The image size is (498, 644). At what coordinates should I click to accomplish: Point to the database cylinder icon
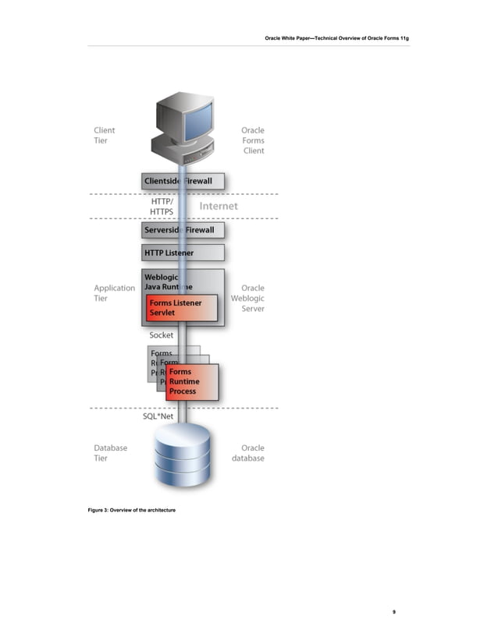pyautogui.click(x=183, y=457)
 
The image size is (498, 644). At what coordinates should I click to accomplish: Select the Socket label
pyautogui.click(x=162, y=335)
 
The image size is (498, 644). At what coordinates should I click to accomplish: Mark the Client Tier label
pyautogui.click(x=104, y=136)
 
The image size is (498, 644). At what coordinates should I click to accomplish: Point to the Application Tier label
pyautogui.click(x=114, y=293)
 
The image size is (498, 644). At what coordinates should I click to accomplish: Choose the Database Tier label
pyautogui.click(x=110, y=453)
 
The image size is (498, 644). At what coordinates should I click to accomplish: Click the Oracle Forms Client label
pyautogui.click(x=252, y=140)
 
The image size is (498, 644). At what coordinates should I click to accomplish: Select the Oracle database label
pyautogui.click(x=247, y=453)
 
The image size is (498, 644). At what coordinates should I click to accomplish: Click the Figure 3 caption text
pyautogui.click(x=131, y=509)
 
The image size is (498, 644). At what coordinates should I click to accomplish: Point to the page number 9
pyautogui.click(x=394, y=612)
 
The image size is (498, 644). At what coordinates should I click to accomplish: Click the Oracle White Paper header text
pyautogui.click(x=337, y=37)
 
